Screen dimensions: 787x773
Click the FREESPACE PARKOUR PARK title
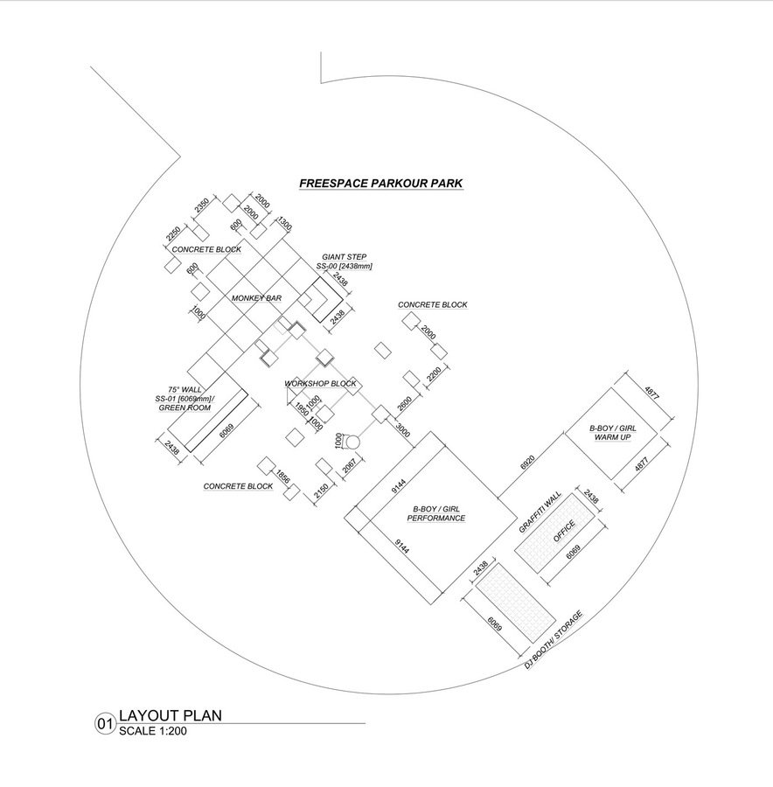pos(380,184)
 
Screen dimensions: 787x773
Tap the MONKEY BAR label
pos(256,299)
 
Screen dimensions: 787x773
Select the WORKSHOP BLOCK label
pos(320,384)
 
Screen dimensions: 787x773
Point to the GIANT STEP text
pos(344,257)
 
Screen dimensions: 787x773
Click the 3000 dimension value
pos(402,431)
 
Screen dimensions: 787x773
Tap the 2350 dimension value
pos(201,206)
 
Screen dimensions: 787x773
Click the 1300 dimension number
pos(284,223)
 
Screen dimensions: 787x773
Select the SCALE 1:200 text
pos(153,732)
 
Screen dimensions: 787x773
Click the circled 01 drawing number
pos(105,724)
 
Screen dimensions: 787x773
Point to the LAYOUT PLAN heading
pos(170,715)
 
